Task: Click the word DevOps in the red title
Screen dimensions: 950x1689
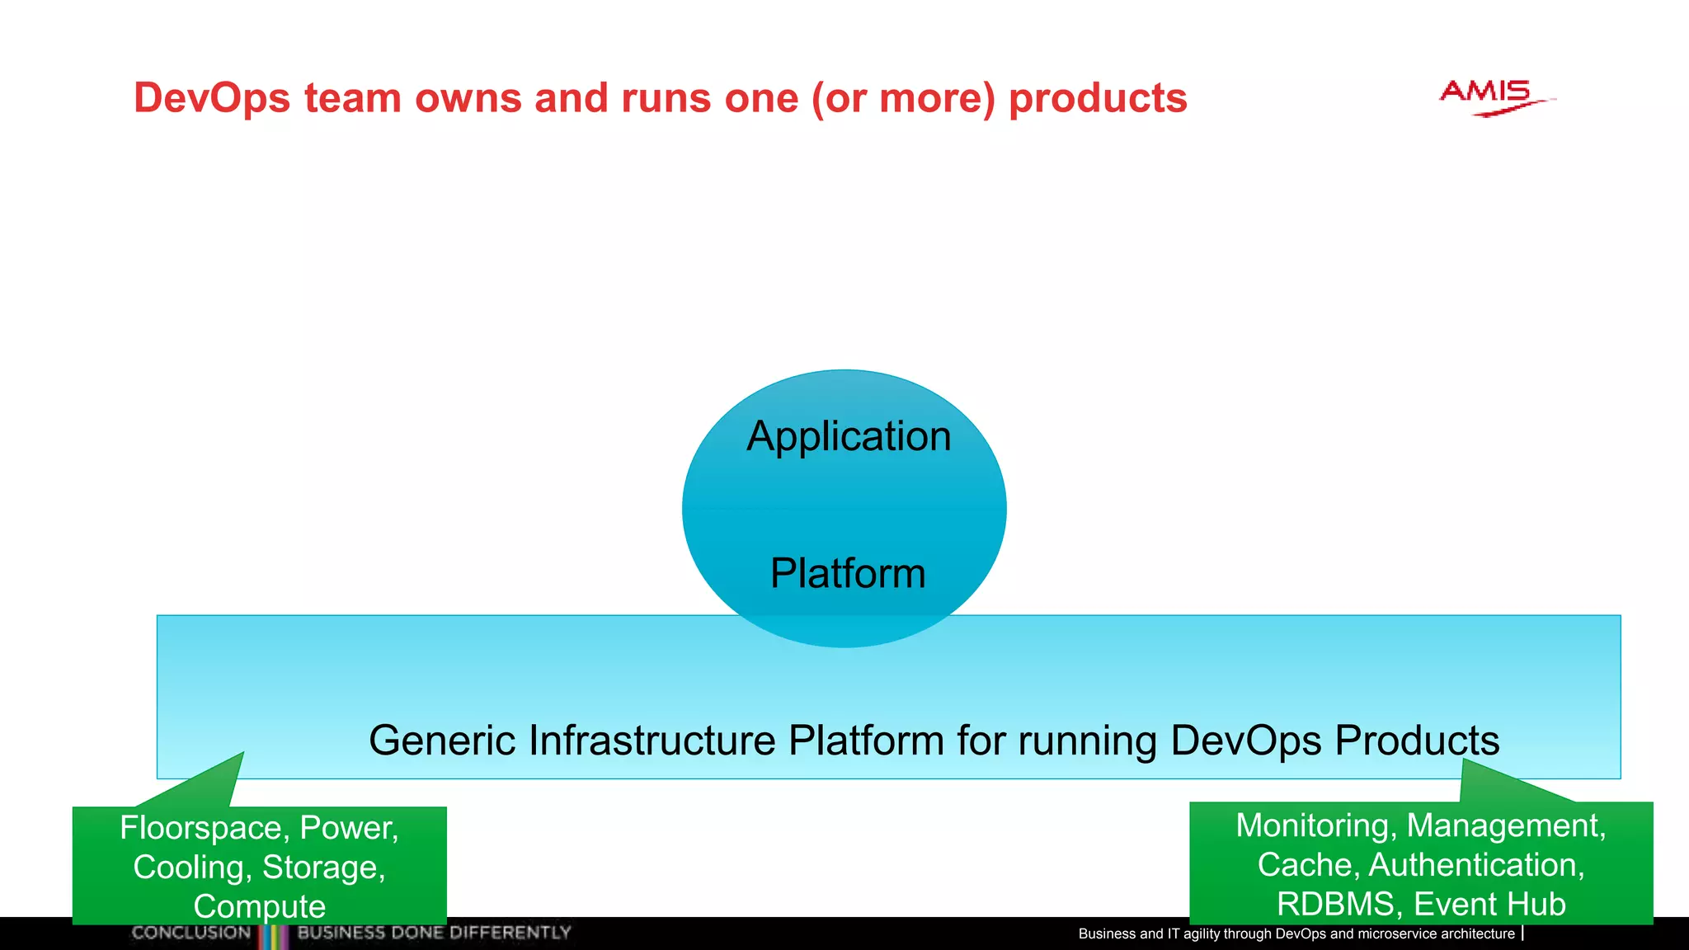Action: click(x=212, y=98)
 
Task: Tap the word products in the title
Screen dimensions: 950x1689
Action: click(x=1098, y=98)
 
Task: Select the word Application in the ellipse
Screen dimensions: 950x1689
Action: click(x=849, y=436)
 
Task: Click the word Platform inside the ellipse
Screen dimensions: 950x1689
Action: click(x=848, y=573)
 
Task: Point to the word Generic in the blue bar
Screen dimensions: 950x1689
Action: click(x=442, y=740)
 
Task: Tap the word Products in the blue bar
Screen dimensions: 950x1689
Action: click(x=1416, y=740)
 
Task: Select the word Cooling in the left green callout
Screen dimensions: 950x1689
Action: click(x=191, y=868)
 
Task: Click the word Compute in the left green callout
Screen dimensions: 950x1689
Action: click(x=260, y=906)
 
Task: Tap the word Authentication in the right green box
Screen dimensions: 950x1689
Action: click(x=1475, y=865)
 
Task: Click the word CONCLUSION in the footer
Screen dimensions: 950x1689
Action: click(x=191, y=933)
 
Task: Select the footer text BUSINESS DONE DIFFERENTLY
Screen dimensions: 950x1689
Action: click(x=434, y=933)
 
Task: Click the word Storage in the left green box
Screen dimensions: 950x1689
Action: click(x=322, y=868)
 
